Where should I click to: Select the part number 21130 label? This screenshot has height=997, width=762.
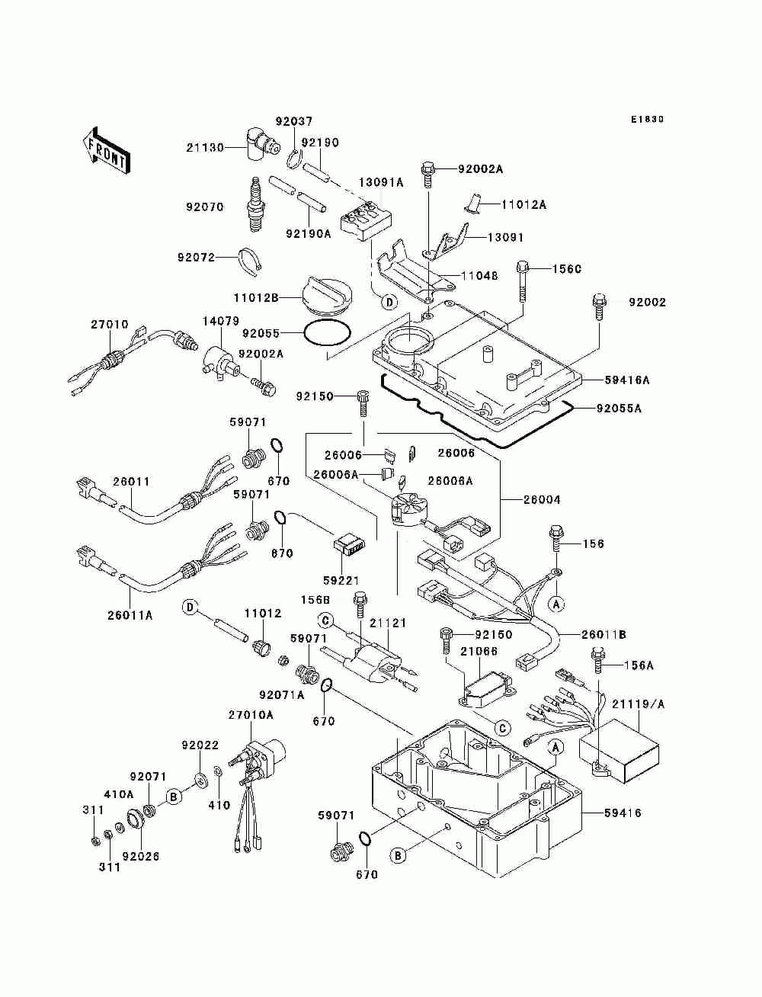206,148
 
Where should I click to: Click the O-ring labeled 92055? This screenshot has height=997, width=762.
328,333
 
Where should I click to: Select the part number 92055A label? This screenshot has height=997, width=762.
618,409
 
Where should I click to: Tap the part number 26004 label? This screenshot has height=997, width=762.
541,500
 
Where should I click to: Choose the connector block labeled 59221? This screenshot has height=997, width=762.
351,547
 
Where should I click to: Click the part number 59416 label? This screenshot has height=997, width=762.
623,813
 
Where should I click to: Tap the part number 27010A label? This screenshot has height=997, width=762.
250,714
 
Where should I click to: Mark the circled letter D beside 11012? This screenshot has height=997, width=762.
190,607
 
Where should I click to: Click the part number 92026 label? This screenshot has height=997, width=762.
140,856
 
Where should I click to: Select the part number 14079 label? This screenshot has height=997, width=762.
220,322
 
